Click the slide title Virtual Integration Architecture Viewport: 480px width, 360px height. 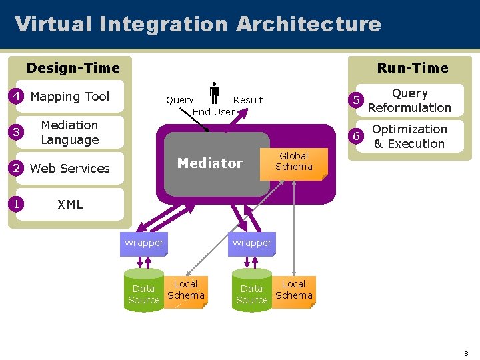tap(198, 24)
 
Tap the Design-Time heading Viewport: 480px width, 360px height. tap(73, 68)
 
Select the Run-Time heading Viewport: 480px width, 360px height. tap(413, 68)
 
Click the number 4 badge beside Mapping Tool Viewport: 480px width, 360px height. tap(15, 97)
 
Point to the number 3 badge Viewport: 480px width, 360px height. tap(15, 132)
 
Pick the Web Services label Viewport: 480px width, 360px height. tap(69, 169)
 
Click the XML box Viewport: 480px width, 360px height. tap(70, 205)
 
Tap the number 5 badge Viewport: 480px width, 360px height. tap(357, 101)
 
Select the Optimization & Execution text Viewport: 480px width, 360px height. tap(409, 137)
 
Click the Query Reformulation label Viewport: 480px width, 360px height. tap(409, 101)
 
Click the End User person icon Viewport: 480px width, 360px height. tap(215, 93)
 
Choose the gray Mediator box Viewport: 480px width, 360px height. tap(210, 164)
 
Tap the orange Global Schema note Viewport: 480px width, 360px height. tap(293, 162)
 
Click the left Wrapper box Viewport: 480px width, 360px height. tap(143, 243)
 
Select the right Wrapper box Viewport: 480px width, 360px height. tap(251, 243)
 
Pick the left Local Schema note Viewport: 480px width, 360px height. tap(185, 290)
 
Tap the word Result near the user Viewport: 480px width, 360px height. tap(248, 100)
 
